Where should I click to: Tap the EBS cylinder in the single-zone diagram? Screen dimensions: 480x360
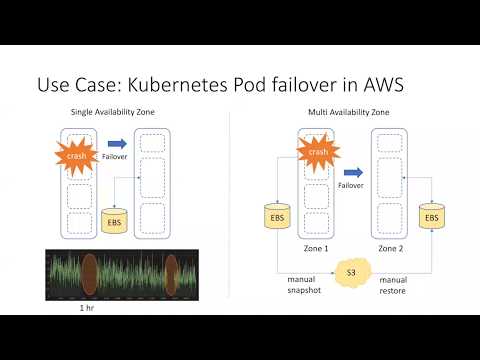115,218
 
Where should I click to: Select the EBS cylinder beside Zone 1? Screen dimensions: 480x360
277,216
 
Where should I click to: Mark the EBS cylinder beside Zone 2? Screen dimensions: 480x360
431,216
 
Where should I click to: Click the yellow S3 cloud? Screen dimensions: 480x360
351,272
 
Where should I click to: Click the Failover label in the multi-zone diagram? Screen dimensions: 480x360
351,186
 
